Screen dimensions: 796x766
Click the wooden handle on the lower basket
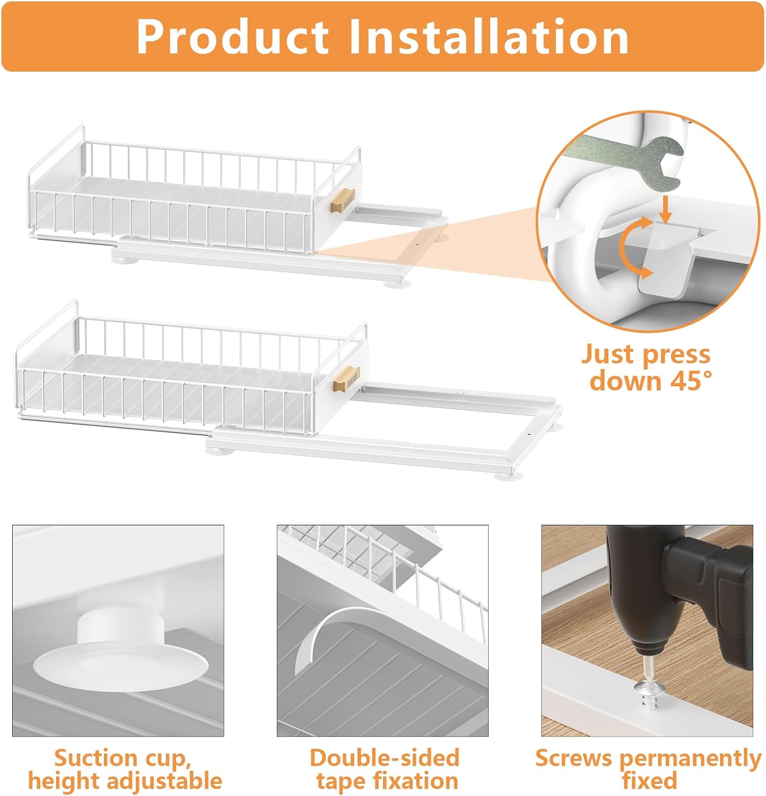click(x=347, y=377)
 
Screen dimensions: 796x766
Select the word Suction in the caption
click(x=91, y=758)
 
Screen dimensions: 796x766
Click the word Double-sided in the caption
click(x=384, y=758)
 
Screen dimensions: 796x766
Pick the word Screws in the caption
click(x=573, y=758)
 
